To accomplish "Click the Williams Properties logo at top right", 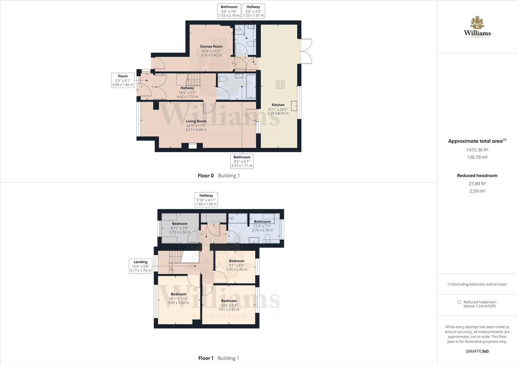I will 477,27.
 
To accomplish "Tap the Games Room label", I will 211,47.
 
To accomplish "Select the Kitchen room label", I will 278,105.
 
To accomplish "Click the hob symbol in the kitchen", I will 280,84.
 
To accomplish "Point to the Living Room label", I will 196,121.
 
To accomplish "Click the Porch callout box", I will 123,80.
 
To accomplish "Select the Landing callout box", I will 140,266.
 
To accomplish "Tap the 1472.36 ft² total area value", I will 477,150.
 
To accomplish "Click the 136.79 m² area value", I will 477,157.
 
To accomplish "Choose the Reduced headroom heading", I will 477,175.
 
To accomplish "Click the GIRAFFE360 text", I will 477,351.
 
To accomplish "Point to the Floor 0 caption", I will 206,176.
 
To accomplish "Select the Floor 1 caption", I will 206,358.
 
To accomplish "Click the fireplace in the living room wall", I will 192,146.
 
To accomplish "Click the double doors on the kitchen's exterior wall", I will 306,51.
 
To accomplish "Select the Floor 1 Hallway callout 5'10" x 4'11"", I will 206,200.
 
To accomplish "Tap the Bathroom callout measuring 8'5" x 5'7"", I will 242,161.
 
